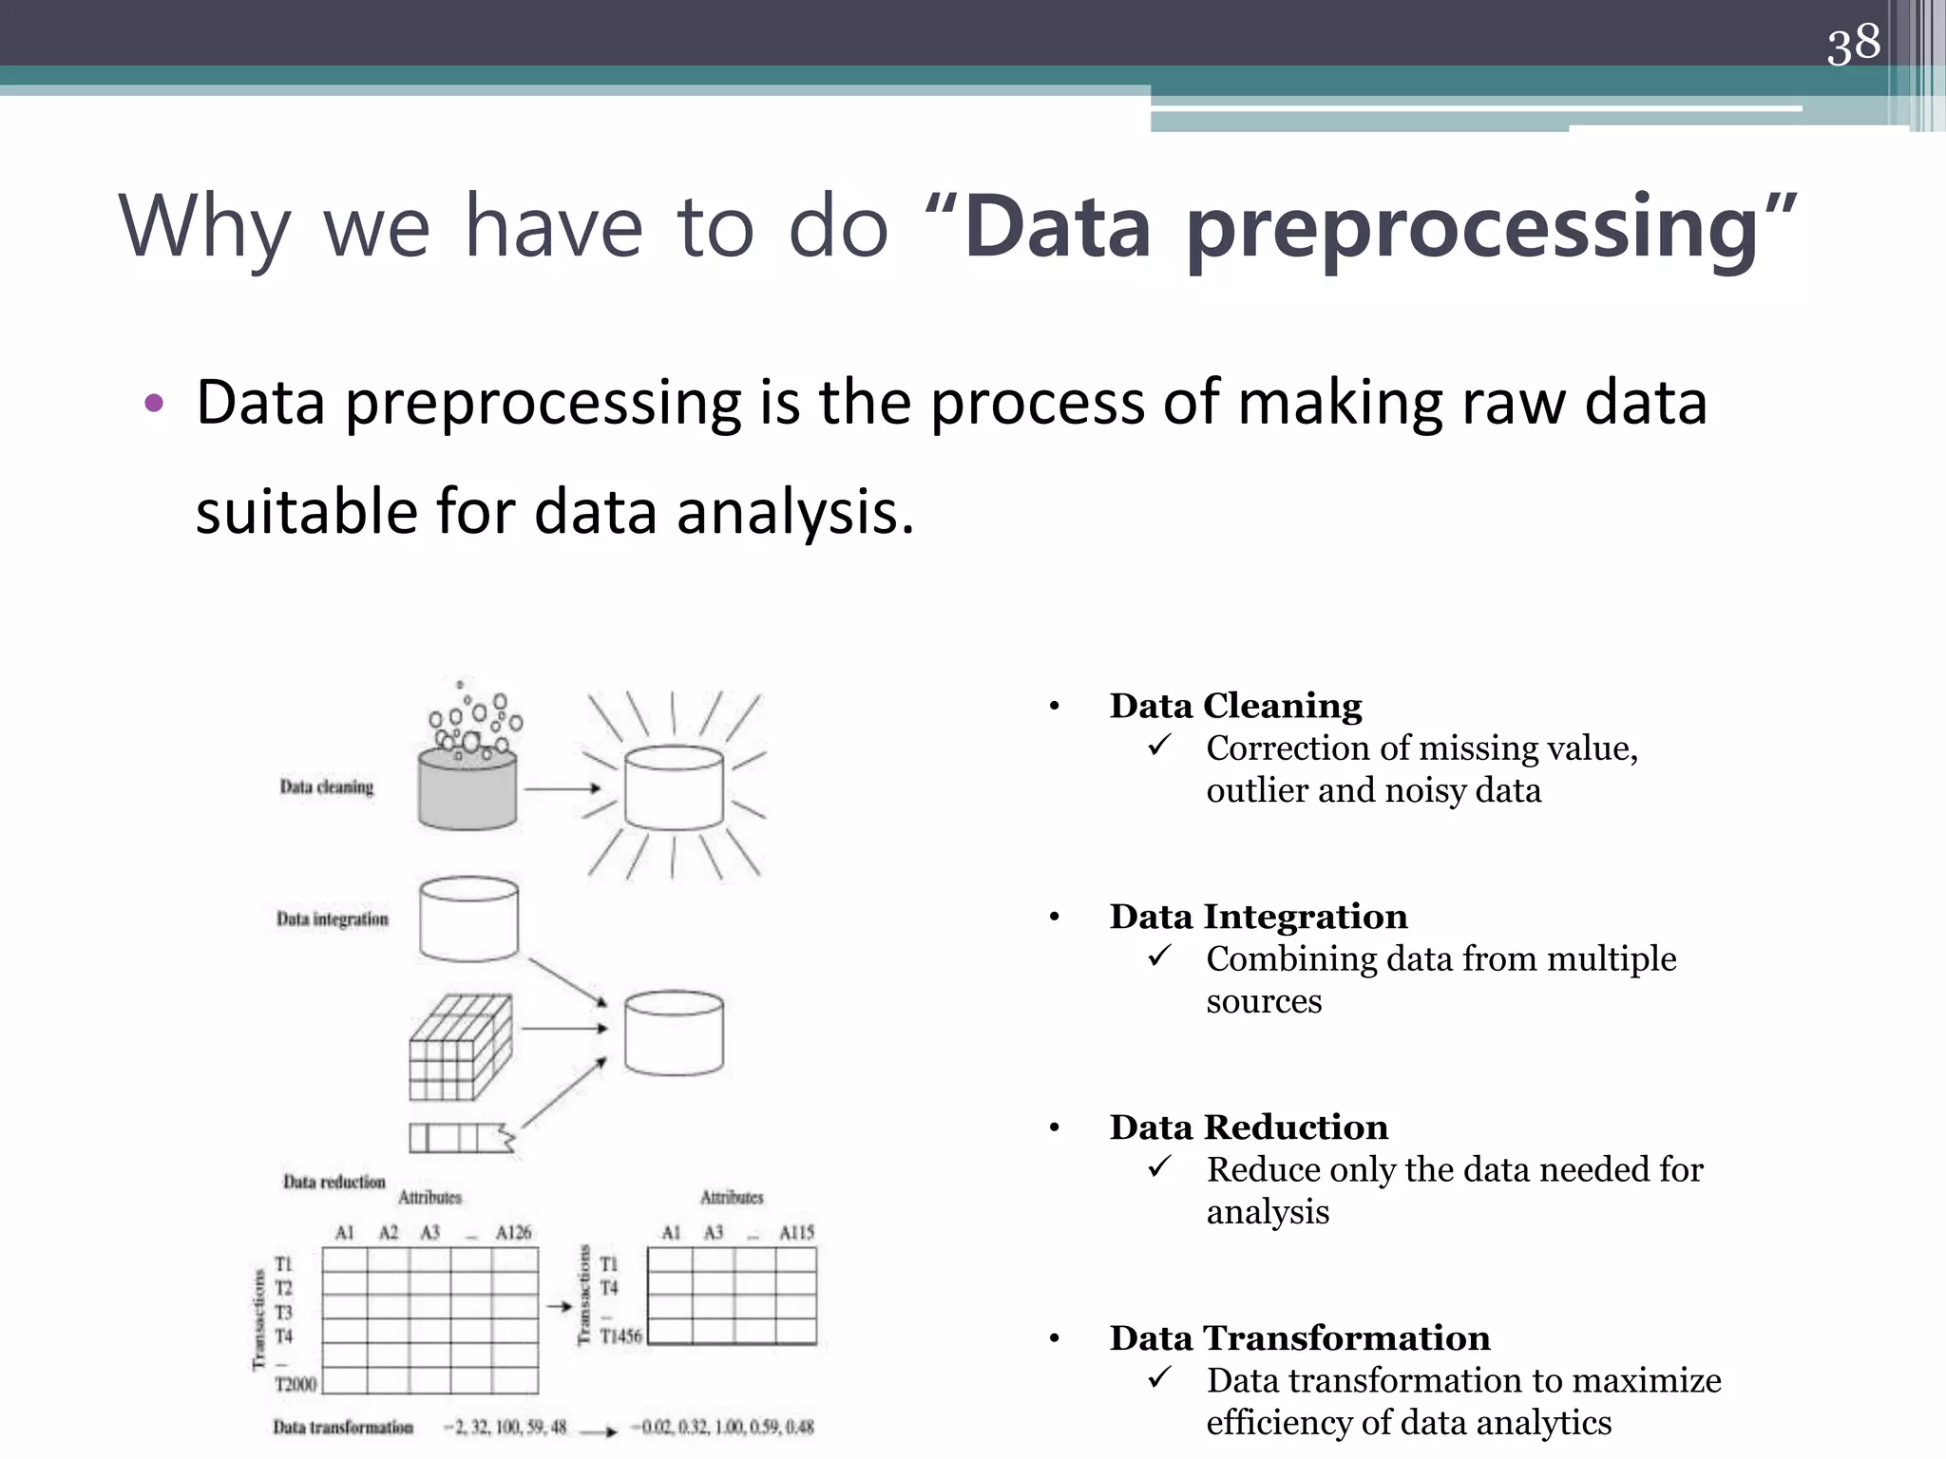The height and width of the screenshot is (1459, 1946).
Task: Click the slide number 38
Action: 1853,44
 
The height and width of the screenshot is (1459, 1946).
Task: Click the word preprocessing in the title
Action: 1473,228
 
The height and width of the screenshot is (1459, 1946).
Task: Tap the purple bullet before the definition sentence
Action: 154,404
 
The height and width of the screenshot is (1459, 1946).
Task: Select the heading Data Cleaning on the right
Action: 1235,706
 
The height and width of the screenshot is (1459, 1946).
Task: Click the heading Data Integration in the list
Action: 1258,917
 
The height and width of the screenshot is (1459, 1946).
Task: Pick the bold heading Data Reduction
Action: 1249,1127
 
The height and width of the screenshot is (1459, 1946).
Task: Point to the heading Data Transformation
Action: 1300,1338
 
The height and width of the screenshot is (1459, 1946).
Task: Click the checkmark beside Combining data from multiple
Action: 1159,956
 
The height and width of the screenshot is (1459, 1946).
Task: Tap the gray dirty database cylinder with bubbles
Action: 467,786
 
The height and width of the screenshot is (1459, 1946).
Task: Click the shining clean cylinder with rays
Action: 674,786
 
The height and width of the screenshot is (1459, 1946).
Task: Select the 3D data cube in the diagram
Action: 460,1047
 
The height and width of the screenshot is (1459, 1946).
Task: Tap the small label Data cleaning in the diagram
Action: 326,786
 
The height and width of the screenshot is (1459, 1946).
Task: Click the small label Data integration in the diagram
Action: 332,919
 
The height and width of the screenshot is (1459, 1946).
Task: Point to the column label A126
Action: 513,1232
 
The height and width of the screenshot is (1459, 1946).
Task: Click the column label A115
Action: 796,1232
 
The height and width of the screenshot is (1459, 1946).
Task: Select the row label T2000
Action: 296,1384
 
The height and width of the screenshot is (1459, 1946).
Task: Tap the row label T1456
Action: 620,1336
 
